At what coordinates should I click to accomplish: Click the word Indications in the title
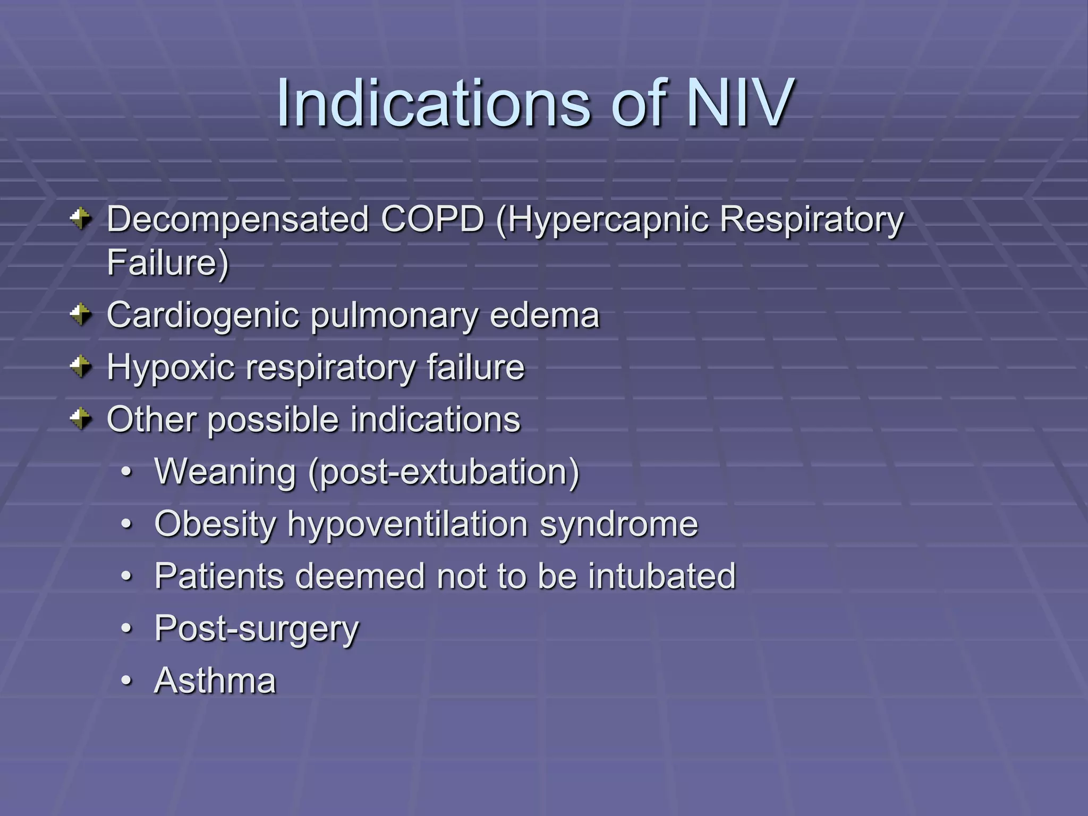[433, 102]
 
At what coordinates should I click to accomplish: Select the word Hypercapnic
[602, 220]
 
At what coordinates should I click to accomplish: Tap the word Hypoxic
[170, 368]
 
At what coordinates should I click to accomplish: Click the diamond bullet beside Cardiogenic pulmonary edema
[81, 314]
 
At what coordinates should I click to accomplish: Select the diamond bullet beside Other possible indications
[81, 419]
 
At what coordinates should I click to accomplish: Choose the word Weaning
[225, 472]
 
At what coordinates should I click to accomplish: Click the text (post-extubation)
[444, 472]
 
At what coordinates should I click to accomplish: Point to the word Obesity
[215, 524]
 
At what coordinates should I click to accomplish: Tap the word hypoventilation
[407, 524]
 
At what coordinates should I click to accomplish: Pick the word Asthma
[215, 681]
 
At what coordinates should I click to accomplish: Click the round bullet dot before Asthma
[126, 681]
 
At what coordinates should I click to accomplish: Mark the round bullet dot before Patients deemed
[126, 576]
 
